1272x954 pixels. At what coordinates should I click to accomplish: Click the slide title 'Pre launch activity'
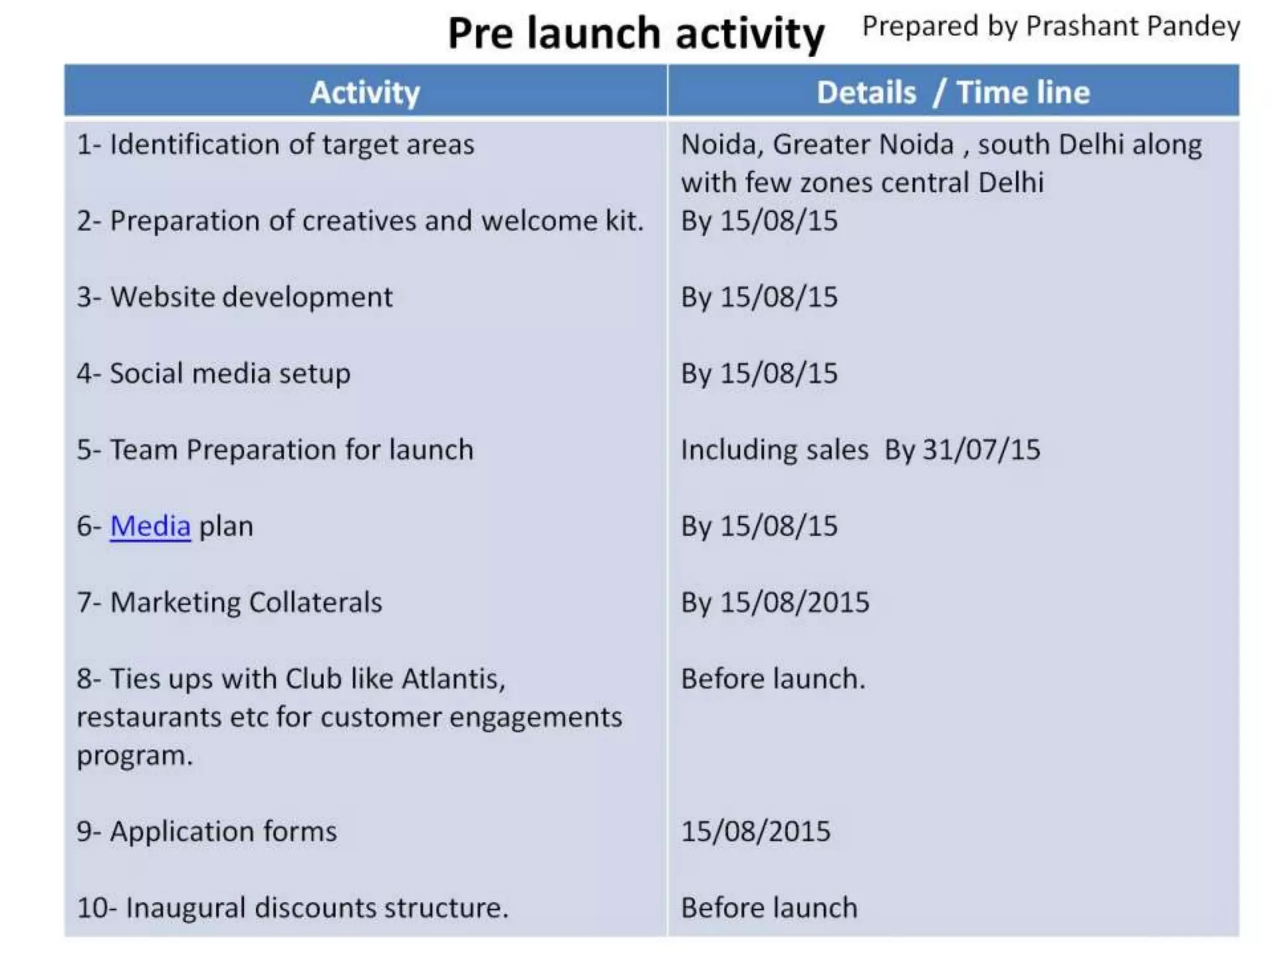point(636,34)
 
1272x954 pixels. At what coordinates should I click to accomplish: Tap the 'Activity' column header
point(365,93)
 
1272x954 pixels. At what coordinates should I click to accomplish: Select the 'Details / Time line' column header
point(953,93)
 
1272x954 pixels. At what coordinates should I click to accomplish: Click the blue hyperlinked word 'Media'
point(150,527)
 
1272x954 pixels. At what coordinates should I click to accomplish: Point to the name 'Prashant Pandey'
point(1133,27)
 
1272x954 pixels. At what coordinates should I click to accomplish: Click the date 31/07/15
point(981,450)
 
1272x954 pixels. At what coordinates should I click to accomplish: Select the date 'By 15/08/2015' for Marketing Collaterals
point(775,603)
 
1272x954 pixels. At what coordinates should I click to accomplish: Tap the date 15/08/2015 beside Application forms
point(755,832)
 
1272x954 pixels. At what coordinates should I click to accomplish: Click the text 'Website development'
point(251,298)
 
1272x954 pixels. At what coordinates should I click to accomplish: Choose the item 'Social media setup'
point(230,374)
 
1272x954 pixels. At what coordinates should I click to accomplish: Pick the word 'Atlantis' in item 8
point(453,679)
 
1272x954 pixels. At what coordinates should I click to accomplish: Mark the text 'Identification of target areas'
point(292,145)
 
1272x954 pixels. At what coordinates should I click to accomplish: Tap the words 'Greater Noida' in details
point(863,145)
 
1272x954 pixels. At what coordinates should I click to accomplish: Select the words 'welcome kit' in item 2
point(561,221)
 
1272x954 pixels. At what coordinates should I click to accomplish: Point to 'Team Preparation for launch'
point(291,450)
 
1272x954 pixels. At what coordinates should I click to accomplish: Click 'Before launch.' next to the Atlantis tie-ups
point(773,679)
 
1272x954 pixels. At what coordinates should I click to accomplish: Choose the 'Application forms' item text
point(223,832)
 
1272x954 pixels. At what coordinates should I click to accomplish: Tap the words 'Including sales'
point(775,450)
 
